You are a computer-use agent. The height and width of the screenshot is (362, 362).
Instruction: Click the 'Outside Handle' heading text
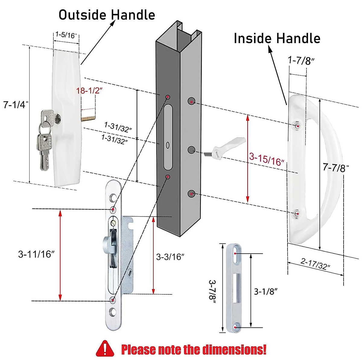tap(106, 15)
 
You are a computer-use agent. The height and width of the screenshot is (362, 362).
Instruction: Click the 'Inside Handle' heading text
tap(277, 38)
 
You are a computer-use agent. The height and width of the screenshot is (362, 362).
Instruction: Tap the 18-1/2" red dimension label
tap(90, 90)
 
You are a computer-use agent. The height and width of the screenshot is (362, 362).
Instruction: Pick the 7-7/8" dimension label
tap(335, 167)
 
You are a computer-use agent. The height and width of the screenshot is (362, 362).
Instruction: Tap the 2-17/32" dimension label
tap(315, 264)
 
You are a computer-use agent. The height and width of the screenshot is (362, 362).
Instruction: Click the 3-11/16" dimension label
tap(36, 254)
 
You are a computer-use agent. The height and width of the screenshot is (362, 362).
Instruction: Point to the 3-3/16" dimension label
tap(170, 257)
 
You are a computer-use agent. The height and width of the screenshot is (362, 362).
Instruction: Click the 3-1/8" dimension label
tap(265, 291)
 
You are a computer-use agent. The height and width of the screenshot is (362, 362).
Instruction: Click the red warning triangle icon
tap(105, 349)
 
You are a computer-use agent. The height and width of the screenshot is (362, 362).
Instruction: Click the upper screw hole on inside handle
tap(298, 126)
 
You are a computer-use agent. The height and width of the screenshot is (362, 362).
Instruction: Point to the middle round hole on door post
tap(191, 150)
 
